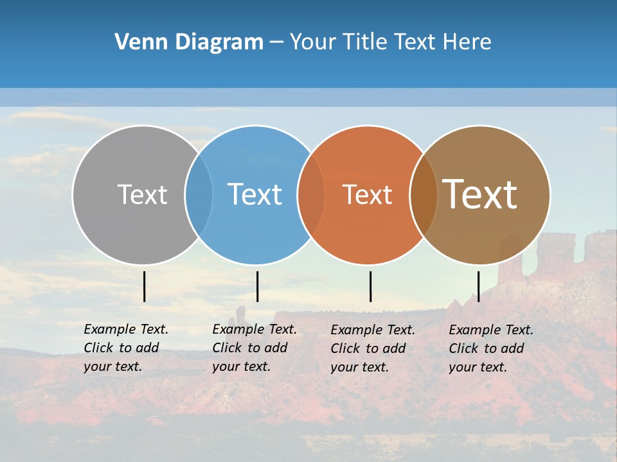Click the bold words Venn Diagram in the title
[188, 42]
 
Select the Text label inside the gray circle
[142, 195]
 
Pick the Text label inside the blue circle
[255, 194]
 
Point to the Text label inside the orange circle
[367, 195]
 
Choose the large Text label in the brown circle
[480, 194]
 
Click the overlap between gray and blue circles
[199, 195]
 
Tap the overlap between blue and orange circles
[311, 195]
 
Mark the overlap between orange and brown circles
[424, 195]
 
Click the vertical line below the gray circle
[145, 286]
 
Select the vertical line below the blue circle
[257, 286]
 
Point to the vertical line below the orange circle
[370, 286]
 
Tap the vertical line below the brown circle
[478, 286]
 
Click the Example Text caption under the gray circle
[126, 348]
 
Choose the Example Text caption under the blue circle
[255, 348]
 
